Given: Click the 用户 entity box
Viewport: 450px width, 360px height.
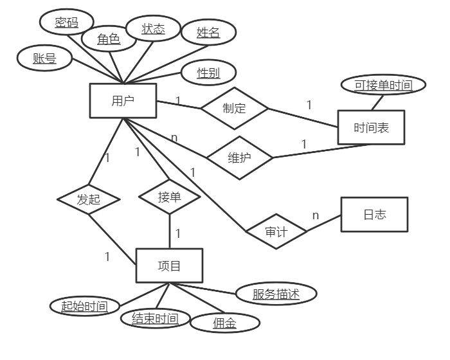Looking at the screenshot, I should click(123, 101).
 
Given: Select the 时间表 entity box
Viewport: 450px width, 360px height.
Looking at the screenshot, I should click(372, 128).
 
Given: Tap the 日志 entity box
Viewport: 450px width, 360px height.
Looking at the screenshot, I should click(374, 214).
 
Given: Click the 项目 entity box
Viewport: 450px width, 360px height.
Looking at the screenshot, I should click(169, 265).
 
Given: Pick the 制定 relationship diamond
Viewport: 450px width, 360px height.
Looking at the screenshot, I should click(234, 108).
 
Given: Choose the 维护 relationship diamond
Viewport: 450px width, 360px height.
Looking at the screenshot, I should click(239, 157).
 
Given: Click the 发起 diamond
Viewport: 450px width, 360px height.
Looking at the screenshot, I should click(88, 199).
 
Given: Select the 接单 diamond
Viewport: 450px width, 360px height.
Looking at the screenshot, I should click(170, 197).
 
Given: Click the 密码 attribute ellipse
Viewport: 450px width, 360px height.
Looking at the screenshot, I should click(66, 23).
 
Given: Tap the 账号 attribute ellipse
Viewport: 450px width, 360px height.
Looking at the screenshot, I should click(44, 59).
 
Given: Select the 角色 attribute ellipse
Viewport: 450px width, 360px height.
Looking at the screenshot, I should click(109, 39).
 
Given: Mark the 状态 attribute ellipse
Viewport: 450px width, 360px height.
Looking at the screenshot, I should click(153, 29).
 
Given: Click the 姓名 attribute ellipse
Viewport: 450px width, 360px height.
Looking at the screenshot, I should click(208, 33).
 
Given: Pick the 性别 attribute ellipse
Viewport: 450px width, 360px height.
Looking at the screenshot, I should click(209, 73).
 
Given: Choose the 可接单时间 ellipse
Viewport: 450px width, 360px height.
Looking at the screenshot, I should click(382, 85).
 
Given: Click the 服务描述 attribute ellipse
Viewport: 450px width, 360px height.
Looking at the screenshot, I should click(276, 294).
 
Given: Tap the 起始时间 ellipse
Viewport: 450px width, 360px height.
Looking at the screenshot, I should click(84, 306).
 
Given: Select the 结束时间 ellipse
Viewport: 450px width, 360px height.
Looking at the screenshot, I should click(155, 318).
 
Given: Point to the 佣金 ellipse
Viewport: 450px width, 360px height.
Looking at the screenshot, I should click(225, 323).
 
